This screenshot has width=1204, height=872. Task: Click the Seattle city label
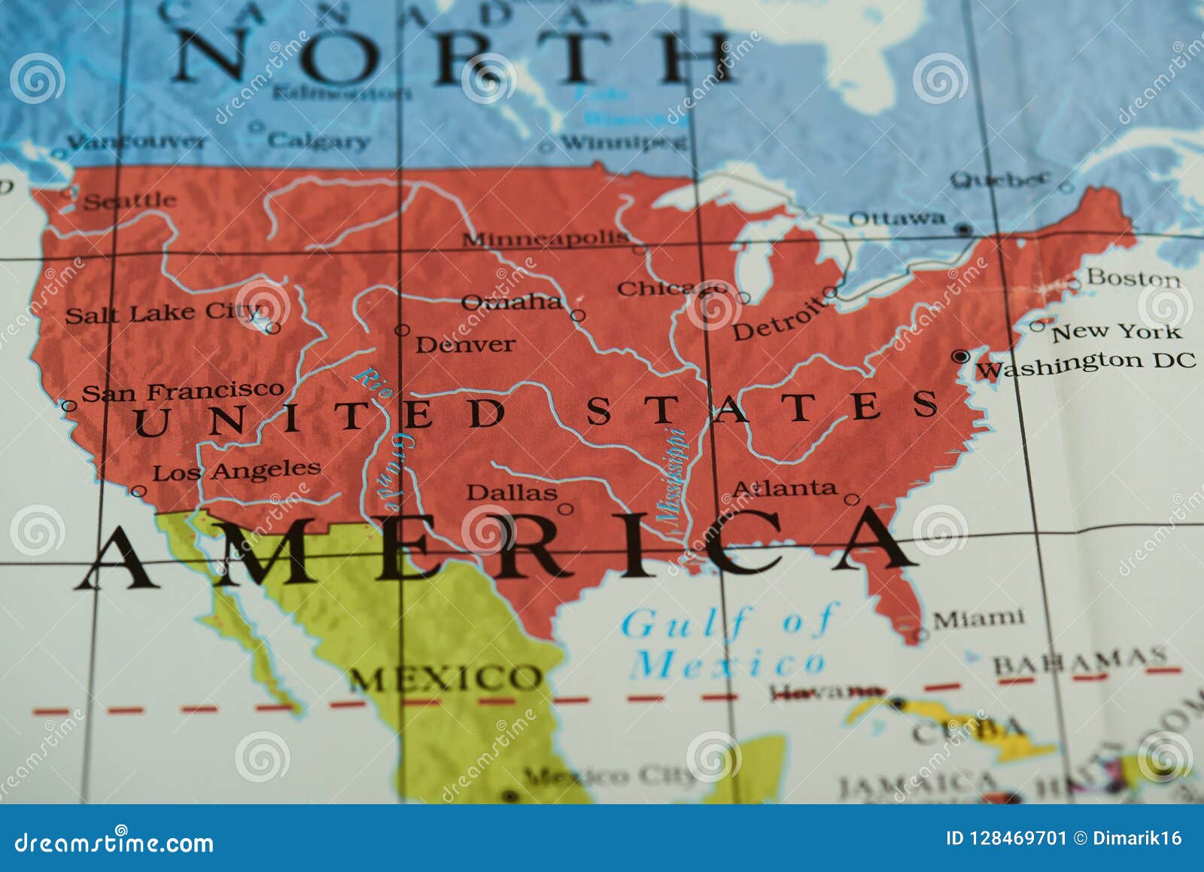[x=129, y=201]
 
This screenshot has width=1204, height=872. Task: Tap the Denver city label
[x=465, y=345]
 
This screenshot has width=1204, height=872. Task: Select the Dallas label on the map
[x=512, y=492]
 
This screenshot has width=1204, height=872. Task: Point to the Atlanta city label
[x=784, y=489]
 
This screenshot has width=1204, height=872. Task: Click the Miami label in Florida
[x=978, y=619]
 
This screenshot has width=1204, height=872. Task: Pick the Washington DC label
[x=1085, y=364]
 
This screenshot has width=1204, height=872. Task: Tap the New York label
[x=1116, y=331]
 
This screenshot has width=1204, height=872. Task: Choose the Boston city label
[x=1133, y=278]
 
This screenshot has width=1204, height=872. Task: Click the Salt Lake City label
[x=162, y=313]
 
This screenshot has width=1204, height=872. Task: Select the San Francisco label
[x=182, y=392]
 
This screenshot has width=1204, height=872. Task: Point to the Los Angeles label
[x=236, y=471]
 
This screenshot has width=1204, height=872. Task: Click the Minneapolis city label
[x=545, y=239]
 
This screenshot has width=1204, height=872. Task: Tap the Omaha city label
[x=511, y=302]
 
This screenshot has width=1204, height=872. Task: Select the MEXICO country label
[x=444, y=679]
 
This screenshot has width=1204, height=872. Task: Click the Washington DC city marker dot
[x=960, y=355]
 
